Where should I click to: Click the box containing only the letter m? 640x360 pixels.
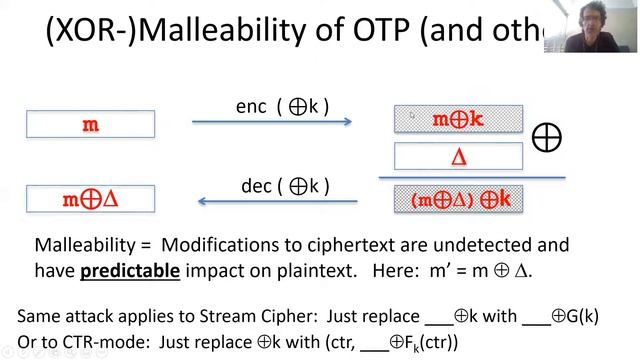90,124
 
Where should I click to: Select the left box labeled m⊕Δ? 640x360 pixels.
90,198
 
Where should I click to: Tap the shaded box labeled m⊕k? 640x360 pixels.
458,119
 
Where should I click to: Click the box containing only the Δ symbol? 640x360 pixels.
458,156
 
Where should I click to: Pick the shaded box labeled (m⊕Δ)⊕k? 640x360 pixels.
458,199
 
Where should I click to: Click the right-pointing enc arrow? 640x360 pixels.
271,122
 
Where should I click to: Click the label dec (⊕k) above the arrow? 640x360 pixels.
285,185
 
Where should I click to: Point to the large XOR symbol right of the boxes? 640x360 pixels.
546,137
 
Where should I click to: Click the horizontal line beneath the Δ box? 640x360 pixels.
470,177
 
